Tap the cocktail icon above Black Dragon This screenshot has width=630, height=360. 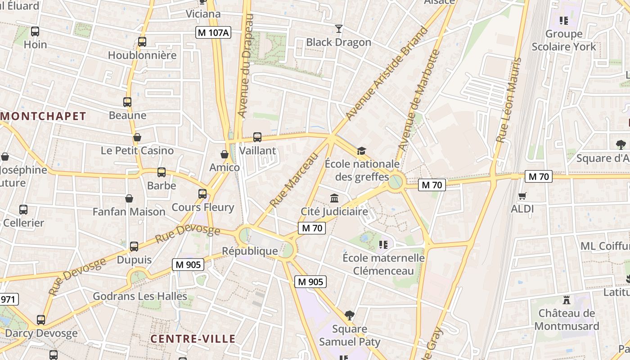click(339, 29)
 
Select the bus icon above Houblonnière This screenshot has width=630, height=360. click(142, 42)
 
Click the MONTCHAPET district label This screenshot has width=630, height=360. click(43, 116)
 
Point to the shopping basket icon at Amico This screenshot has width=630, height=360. click(225, 154)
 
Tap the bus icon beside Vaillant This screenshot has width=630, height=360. click(257, 137)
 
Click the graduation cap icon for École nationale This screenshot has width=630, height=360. click(361, 151)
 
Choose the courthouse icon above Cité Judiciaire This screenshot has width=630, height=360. click(334, 198)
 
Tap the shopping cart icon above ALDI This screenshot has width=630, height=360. click(522, 196)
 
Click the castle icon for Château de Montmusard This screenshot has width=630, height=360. click(567, 300)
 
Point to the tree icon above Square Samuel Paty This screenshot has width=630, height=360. click(349, 315)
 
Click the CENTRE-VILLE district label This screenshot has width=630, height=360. click(193, 339)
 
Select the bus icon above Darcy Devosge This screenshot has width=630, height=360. click(41, 320)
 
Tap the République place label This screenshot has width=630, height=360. click(250, 251)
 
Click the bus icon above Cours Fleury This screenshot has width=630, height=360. click(202, 194)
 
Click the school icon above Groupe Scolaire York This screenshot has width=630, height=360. click(563, 21)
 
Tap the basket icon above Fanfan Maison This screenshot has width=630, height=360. click(129, 198)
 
